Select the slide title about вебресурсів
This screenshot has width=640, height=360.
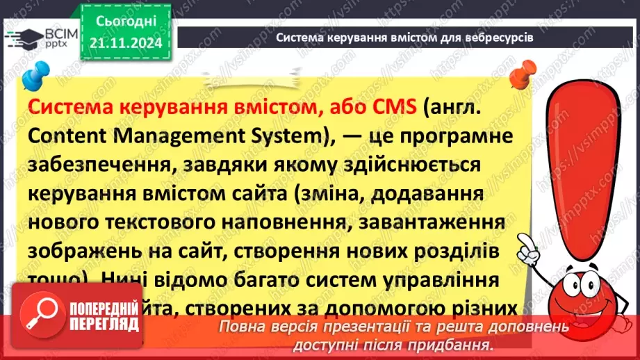click(404, 38)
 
